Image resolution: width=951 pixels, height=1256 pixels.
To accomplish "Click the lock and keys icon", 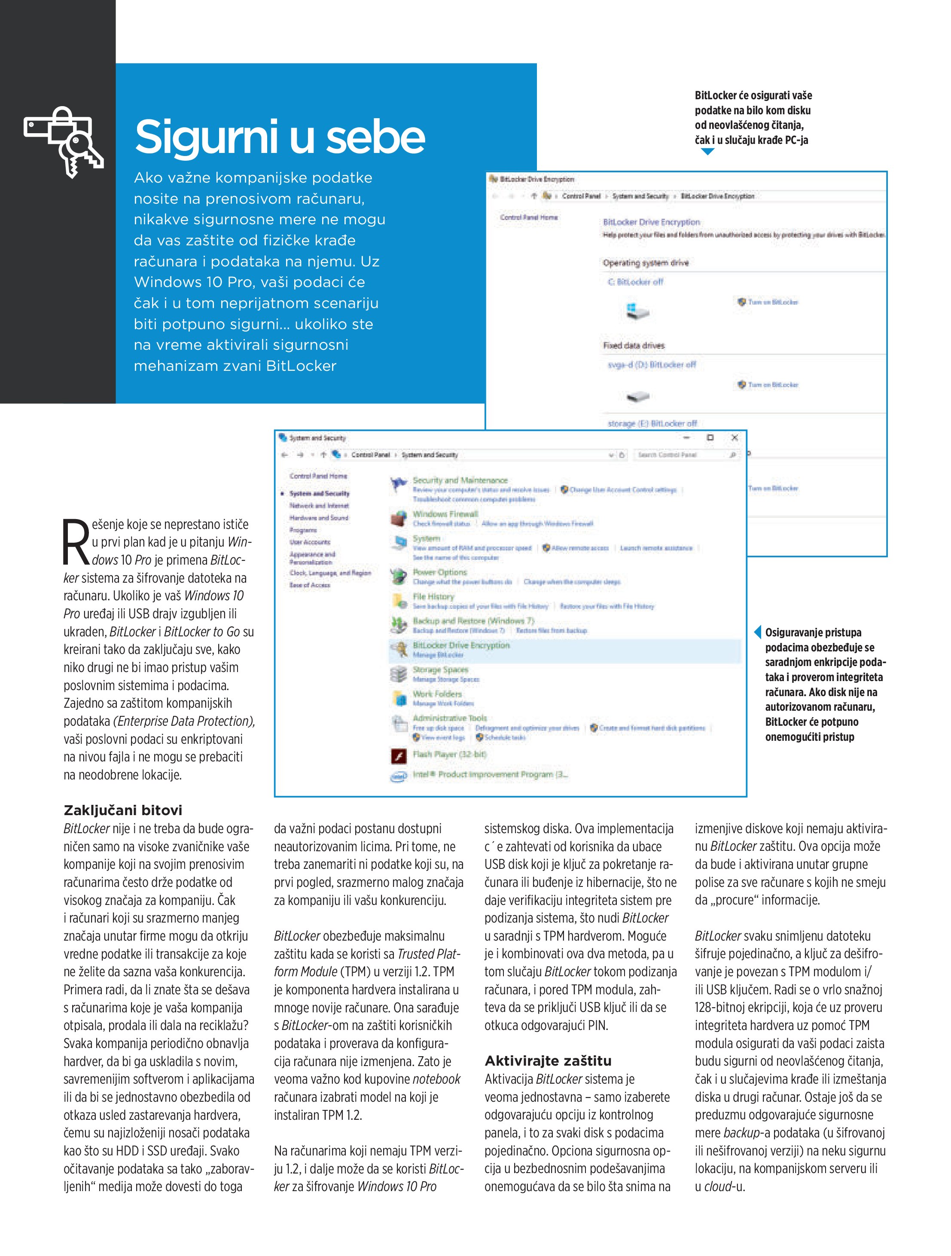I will click(x=64, y=141).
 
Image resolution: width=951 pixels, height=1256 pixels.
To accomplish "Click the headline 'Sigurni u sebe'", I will click(x=280, y=137).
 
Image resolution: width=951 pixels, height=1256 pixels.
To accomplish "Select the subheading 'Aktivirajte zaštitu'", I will click(x=548, y=1060).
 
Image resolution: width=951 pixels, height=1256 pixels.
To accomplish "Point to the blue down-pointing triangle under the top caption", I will click(x=707, y=152).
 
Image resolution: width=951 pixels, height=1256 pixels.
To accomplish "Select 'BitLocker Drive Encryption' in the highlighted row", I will click(x=461, y=645).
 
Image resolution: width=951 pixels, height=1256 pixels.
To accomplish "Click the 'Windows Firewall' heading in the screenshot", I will click(x=445, y=514).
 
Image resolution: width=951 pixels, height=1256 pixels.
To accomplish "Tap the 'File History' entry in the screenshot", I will click(x=433, y=597).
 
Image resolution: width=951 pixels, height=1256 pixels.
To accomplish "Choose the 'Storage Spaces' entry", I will click(x=440, y=670).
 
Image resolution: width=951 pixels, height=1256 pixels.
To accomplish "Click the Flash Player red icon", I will click(x=399, y=756).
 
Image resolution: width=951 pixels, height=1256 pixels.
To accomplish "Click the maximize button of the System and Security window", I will click(x=710, y=438).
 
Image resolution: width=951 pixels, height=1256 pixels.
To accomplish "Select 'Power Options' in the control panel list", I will click(x=439, y=572).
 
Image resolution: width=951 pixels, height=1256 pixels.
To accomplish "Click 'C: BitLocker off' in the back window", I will click(x=635, y=281).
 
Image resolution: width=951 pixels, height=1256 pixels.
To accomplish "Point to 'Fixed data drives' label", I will click(x=634, y=345).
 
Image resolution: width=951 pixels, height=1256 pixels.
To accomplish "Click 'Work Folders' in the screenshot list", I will click(x=437, y=694).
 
